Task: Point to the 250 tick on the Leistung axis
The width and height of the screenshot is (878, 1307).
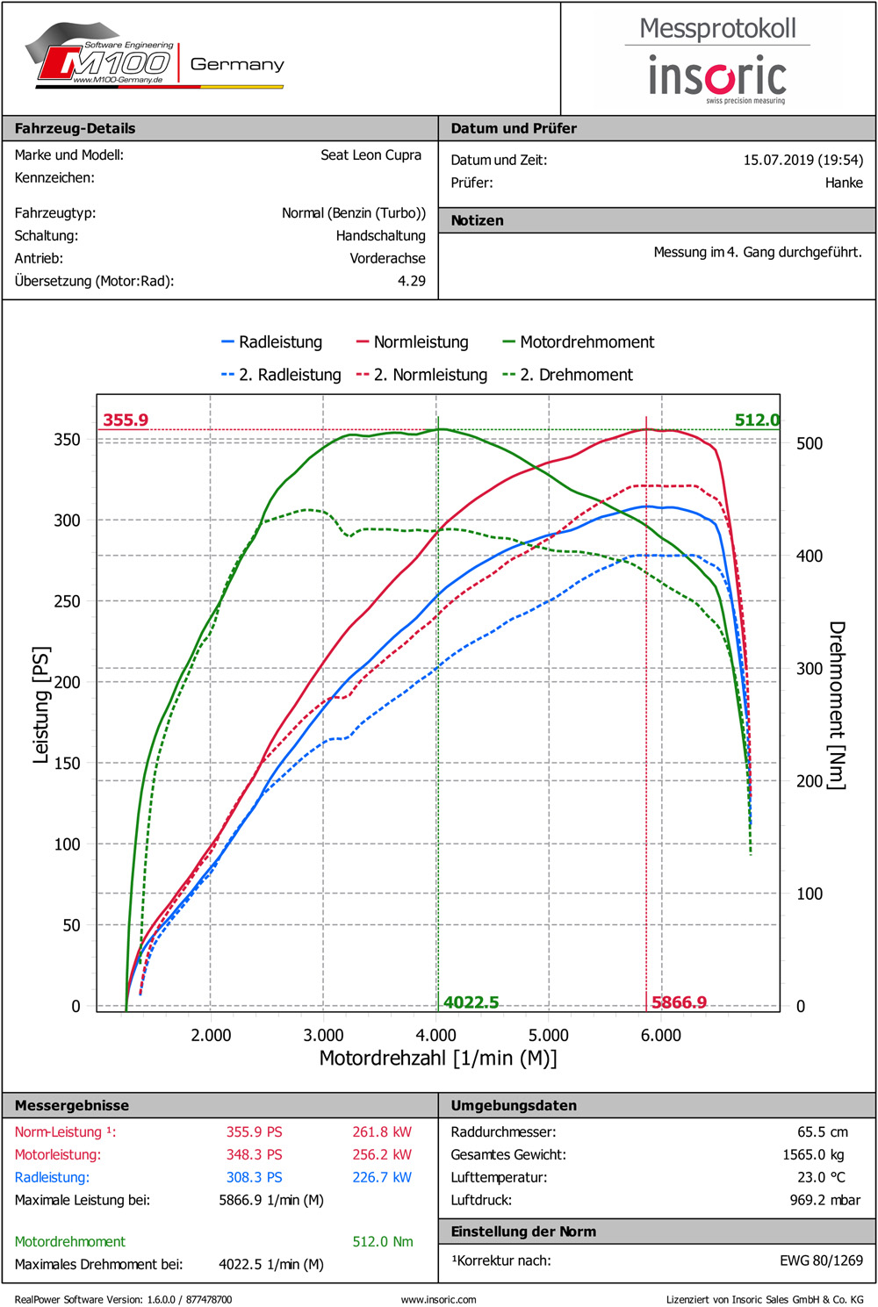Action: [x=67, y=601]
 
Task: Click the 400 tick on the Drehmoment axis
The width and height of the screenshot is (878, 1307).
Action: [x=810, y=556]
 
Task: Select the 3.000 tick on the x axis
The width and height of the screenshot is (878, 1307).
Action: [x=323, y=1036]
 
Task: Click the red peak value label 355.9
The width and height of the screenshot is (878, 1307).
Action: [x=126, y=420]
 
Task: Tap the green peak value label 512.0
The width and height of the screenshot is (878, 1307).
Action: [x=757, y=420]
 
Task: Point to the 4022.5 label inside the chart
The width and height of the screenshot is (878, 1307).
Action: [x=471, y=1002]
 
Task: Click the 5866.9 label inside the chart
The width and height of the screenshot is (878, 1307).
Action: [x=679, y=1002]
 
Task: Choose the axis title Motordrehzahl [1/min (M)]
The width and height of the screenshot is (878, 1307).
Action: [x=437, y=1059]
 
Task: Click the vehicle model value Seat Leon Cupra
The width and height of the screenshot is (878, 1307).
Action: [x=371, y=155]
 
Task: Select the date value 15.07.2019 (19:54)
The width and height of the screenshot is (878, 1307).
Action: [x=802, y=160]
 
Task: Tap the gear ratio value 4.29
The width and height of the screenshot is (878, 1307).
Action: [x=411, y=281]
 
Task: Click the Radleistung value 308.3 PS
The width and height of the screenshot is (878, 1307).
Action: [x=254, y=1177]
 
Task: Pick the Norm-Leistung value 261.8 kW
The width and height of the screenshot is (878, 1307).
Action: [x=382, y=1132]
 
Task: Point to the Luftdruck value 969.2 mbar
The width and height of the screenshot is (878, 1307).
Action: [x=824, y=1200]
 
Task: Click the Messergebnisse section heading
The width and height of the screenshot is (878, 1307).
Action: [x=72, y=1105]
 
